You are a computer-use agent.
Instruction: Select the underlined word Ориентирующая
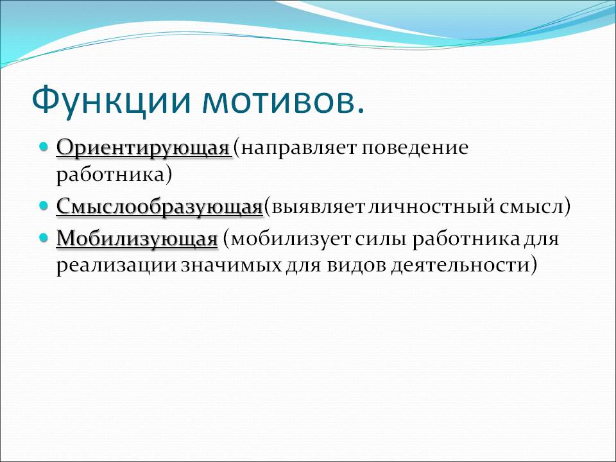coord(142,148)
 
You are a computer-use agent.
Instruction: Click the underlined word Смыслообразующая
coord(159,207)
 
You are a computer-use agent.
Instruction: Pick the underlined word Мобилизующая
coord(137,239)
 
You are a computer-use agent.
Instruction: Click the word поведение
coord(415,148)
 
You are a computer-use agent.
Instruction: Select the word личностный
coord(432,206)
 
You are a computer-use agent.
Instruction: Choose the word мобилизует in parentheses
coord(290,239)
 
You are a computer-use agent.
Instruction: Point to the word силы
coord(381,239)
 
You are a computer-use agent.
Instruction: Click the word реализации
coord(116,266)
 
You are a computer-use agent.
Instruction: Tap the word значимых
coord(232,266)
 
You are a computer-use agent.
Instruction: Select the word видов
coord(356,265)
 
